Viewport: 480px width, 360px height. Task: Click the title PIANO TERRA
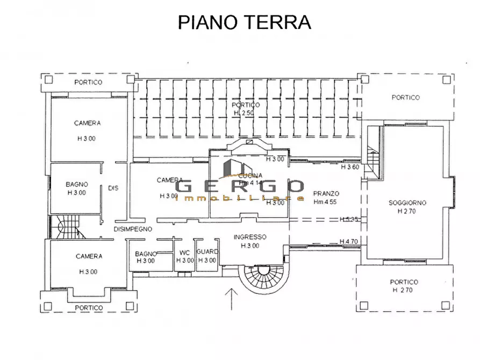point(245,23)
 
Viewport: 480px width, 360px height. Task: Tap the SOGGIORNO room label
point(407,203)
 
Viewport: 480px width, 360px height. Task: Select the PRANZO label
point(326,192)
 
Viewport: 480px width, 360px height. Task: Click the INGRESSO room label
point(250,237)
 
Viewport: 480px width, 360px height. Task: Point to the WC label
point(184,253)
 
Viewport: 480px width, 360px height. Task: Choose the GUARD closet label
point(207,252)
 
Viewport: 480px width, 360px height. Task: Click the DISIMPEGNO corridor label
point(133,229)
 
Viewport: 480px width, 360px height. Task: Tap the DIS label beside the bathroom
point(113,188)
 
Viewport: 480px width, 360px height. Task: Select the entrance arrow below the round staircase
point(231,299)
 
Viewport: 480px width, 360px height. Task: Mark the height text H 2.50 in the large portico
point(247,113)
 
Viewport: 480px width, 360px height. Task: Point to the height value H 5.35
point(349,219)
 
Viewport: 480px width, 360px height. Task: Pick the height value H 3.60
point(350,167)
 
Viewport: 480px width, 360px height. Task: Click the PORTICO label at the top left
point(88,82)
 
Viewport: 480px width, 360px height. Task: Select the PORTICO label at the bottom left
point(89,308)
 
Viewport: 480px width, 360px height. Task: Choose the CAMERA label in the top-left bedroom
point(88,123)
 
